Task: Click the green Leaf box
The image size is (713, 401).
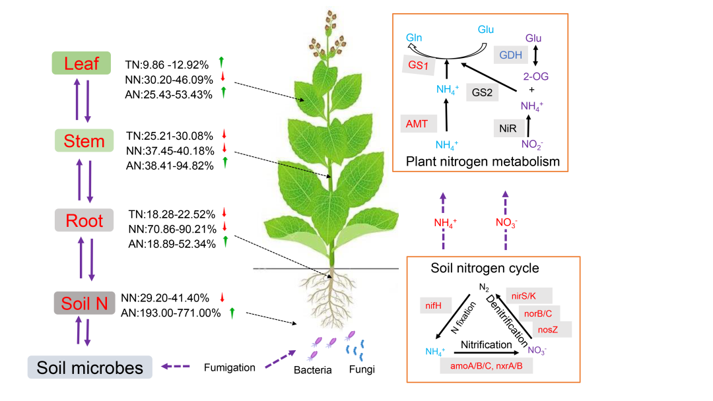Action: coord(81,63)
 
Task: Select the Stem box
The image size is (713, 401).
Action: coord(84,141)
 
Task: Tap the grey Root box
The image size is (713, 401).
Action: coord(84,220)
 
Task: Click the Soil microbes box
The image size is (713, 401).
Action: coord(90,367)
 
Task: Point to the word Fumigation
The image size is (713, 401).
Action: coord(229,367)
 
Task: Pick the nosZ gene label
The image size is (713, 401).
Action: coord(547,328)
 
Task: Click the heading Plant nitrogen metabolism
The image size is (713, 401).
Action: coord(483,161)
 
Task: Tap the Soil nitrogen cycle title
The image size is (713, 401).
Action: coord(485,268)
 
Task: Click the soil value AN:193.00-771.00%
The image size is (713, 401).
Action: coord(170,313)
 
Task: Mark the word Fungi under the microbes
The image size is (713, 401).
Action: coord(361,369)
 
